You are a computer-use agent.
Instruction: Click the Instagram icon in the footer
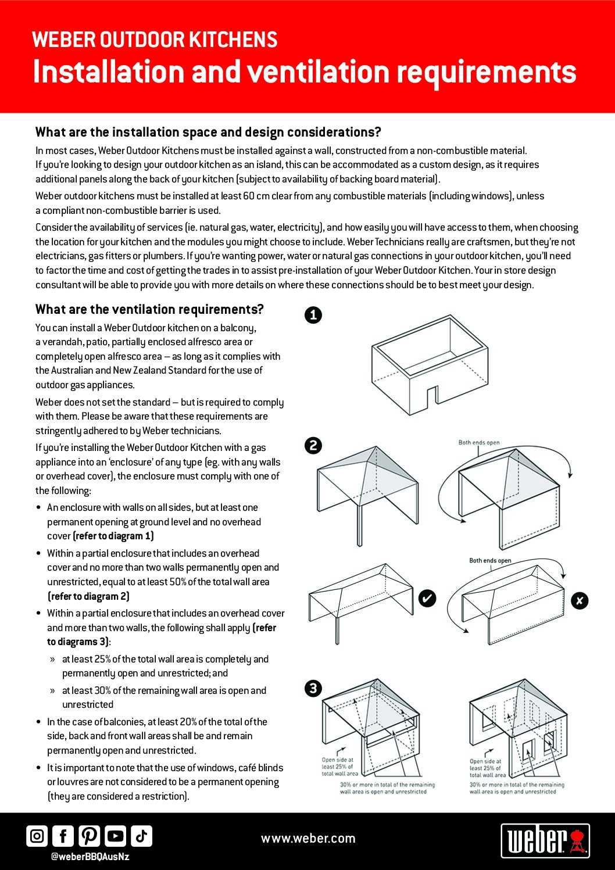(37, 836)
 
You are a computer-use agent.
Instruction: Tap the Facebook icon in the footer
(63, 836)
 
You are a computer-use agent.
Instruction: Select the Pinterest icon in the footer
(89, 836)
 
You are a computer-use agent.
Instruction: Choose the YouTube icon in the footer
(115, 836)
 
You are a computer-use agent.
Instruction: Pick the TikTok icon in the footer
(141, 836)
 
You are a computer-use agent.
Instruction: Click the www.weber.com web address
(308, 839)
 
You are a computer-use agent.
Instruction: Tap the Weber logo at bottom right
(545, 840)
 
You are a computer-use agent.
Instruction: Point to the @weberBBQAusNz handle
(90, 857)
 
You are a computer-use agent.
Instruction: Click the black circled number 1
(313, 315)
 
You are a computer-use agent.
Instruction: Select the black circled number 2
(313, 446)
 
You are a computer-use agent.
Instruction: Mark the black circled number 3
(313, 689)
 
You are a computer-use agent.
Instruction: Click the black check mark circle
(427, 598)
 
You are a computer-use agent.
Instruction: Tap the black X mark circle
(580, 601)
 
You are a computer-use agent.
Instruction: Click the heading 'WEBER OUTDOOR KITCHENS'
(155, 40)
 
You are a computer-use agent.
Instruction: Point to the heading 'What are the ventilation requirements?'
(149, 309)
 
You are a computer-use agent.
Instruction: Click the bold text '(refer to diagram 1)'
(113, 536)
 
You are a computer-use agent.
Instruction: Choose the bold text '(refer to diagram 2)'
(88, 596)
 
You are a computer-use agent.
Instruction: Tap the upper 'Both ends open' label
(479, 443)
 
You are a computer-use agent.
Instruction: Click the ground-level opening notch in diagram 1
(432, 396)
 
